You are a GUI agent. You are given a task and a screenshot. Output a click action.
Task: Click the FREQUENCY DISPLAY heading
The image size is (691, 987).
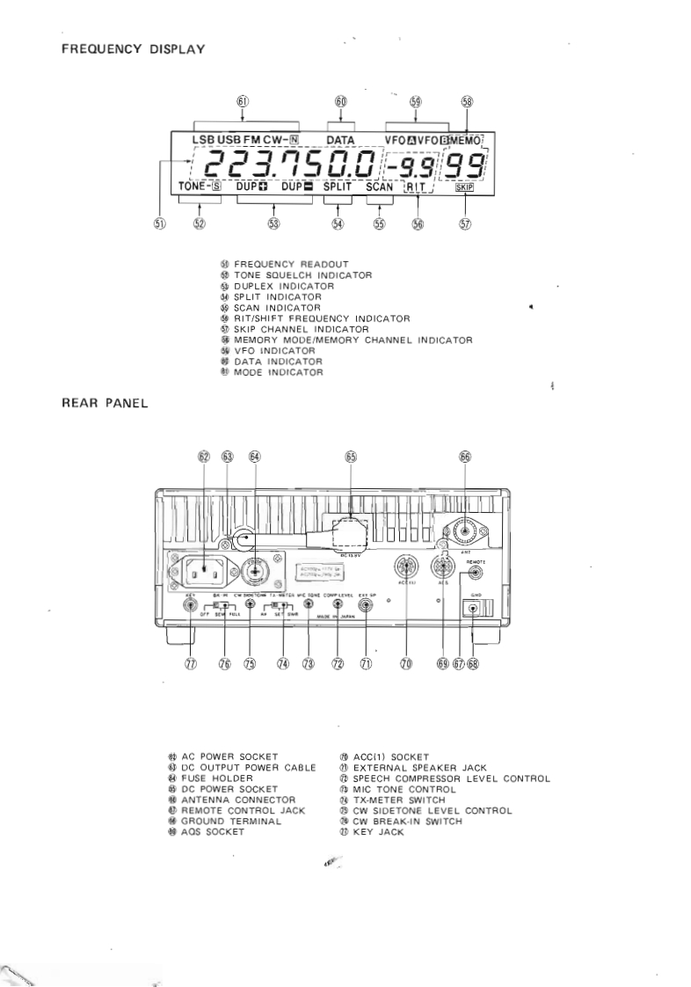coord(133,49)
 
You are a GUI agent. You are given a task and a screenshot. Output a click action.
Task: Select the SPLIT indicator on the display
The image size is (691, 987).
coord(336,187)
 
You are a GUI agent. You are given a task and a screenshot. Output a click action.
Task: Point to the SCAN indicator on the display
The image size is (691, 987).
coord(379,187)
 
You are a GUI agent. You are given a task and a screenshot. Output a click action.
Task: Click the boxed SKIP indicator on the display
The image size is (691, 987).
coord(463,187)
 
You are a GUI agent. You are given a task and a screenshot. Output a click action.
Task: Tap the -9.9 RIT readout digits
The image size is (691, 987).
coord(412,164)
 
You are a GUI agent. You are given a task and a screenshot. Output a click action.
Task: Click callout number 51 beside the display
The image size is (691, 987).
coord(159,223)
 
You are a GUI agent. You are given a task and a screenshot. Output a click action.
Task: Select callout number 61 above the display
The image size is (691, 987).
coord(243,102)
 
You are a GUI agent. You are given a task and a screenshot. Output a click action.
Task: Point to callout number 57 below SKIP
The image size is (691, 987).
coord(464,223)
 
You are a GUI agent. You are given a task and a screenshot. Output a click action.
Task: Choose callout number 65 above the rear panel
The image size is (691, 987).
coord(352,457)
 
